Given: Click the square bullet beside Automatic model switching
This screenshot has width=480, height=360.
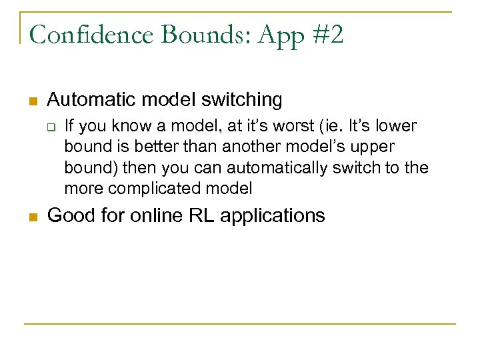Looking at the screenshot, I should (31, 101).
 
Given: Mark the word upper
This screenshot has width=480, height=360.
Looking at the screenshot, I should (371, 147).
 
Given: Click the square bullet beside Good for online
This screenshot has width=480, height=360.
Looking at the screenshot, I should (31, 217).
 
